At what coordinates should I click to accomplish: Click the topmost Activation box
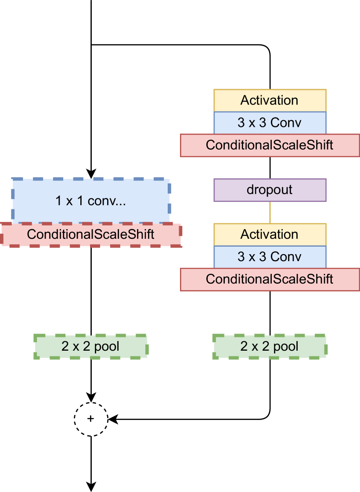[270, 101]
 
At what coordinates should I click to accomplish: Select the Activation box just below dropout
[270, 234]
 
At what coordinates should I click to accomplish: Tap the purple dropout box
[270, 190]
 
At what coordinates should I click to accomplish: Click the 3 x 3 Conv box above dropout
[270, 122]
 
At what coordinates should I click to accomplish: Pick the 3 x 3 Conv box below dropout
[270, 257]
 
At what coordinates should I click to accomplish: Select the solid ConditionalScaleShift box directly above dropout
[270, 145]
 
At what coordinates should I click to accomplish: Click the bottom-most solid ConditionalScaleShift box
[270, 279]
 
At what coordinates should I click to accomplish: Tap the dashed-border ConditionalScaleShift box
[91, 234]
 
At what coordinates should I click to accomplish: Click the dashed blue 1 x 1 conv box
[91, 201]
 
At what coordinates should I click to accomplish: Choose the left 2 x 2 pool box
[91, 347]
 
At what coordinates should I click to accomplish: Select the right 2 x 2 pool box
[270, 347]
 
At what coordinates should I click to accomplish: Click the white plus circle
[91, 419]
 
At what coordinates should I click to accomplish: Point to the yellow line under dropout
[270, 212]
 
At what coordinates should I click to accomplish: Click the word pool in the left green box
[107, 347]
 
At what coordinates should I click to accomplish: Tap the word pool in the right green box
[286, 347]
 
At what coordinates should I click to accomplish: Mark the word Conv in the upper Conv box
[286, 122]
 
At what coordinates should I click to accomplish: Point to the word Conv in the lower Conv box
[286, 257]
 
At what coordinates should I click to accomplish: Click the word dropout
[270, 190]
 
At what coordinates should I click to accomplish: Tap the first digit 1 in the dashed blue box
[58, 201]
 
